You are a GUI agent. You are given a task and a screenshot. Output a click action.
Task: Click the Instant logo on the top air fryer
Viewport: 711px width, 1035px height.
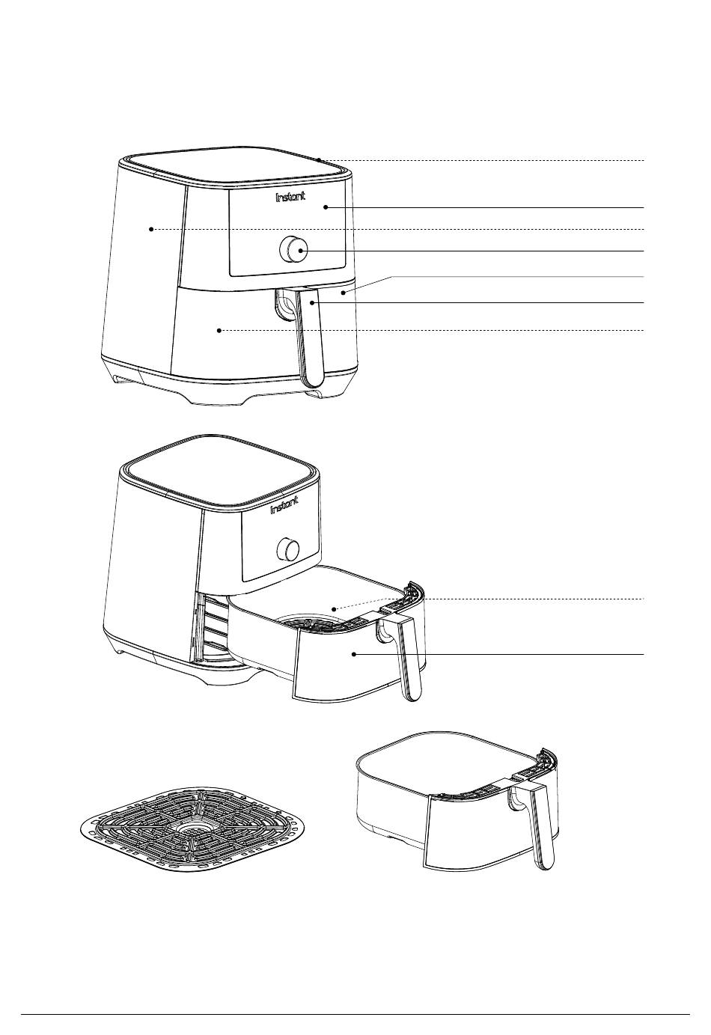pos(290,197)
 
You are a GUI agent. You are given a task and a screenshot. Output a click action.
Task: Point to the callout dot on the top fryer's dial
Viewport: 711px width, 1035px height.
pos(301,251)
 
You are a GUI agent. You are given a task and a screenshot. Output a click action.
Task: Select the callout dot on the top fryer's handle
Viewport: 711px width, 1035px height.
pos(312,302)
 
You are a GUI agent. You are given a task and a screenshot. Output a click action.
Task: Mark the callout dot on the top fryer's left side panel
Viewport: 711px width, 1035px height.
pos(151,229)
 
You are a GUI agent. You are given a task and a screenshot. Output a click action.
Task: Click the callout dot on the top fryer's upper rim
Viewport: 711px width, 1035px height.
pos(320,160)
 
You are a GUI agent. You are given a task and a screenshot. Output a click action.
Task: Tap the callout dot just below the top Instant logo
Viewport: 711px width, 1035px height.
pos(326,207)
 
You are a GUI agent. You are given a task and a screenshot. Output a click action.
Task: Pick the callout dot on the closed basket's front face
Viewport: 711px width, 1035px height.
pos(219,330)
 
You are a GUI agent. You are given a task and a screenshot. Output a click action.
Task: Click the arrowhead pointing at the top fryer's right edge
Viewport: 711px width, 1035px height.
pos(342,293)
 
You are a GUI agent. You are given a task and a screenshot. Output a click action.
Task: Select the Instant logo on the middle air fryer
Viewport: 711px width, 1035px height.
pos(284,504)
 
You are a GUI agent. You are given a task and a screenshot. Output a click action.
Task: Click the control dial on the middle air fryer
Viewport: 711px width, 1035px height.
pos(288,548)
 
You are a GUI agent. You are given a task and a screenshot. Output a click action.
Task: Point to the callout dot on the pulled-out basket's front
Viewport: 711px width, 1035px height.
pos(354,654)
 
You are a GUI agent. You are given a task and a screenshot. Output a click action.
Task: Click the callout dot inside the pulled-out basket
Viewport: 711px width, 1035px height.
pos(334,609)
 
